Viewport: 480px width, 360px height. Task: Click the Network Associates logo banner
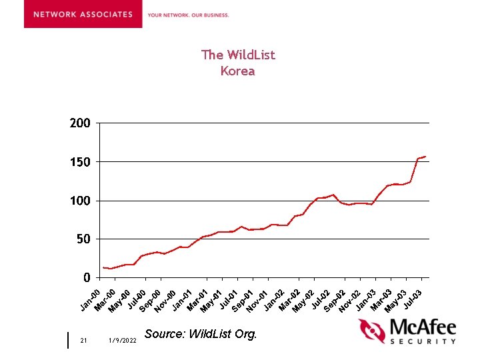83,14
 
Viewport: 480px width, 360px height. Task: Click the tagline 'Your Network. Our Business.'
188,15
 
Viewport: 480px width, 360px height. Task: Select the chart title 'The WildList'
238,55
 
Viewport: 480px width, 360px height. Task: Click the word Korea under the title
238,71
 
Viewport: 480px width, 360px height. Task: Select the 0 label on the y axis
87,277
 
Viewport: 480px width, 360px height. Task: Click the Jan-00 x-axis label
91,299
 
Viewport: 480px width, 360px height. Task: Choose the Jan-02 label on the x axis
274,299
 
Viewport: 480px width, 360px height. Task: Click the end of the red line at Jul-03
425,157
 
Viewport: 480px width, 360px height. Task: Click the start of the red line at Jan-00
103,268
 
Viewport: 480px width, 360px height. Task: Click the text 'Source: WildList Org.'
200,333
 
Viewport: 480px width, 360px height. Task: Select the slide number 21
83,341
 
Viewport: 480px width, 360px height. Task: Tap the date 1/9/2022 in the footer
122,341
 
